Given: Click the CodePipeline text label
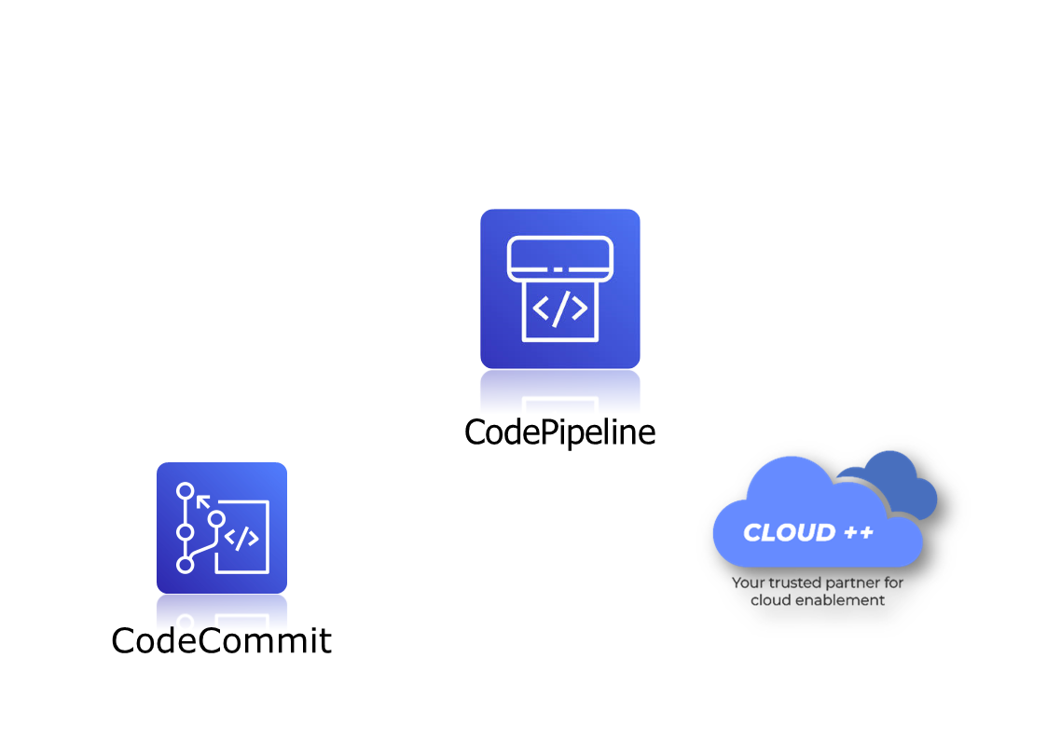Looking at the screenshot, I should [x=559, y=432].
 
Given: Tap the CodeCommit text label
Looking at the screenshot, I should [x=221, y=640].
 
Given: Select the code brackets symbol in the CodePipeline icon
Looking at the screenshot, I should [x=559, y=308].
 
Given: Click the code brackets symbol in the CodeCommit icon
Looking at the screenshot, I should [x=241, y=539].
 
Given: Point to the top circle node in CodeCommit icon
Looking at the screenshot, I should [x=185, y=490].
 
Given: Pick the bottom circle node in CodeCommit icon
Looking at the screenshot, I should [x=185, y=564].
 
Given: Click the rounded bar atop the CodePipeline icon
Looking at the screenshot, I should [x=559, y=258].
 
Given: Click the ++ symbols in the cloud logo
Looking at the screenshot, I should [x=857, y=533].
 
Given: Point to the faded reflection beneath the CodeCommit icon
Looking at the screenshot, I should [x=221, y=610].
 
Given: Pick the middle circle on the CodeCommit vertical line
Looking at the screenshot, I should [x=185, y=532].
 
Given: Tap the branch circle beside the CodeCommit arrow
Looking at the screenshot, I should [x=216, y=518].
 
